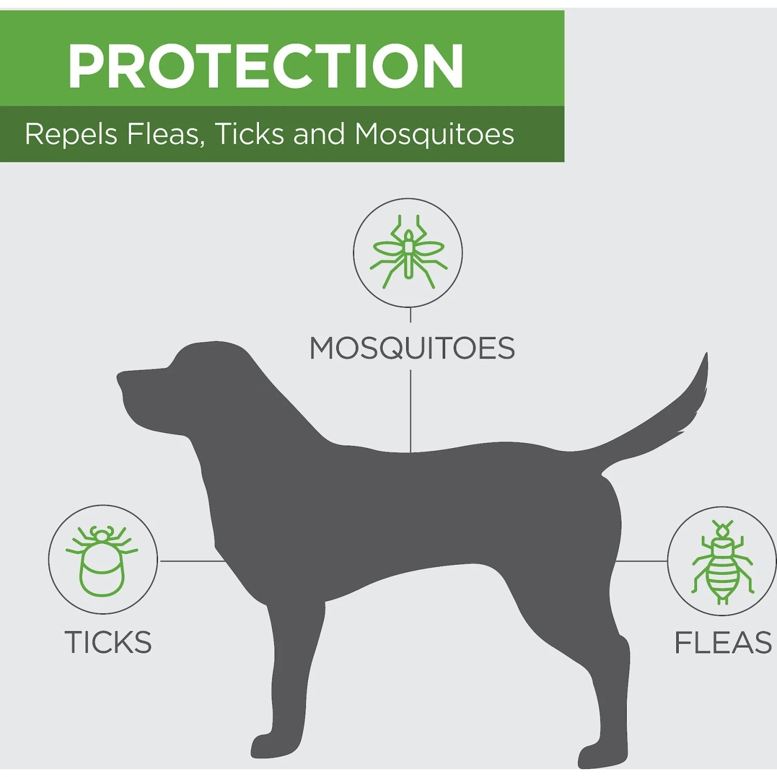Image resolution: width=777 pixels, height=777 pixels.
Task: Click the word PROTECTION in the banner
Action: click(x=266, y=66)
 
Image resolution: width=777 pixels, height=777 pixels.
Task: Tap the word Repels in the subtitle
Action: click(x=71, y=135)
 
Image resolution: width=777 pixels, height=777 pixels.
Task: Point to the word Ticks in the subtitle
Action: click(x=250, y=134)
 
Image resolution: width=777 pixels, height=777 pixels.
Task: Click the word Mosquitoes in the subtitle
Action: click(x=435, y=135)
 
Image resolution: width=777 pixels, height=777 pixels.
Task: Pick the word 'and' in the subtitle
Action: click(x=319, y=134)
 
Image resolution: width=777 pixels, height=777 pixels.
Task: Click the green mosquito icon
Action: click(x=408, y=252)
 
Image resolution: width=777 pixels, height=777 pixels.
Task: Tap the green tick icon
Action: click(x=102, y=560)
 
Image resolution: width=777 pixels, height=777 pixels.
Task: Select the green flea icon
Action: click(x=723, y=562)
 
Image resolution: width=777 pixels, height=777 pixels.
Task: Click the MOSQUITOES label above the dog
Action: click(x=412, y=348)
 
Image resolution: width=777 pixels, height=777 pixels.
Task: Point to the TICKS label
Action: click(x=108, y=642)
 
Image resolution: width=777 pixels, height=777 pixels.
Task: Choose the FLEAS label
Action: click(x=723, y=642)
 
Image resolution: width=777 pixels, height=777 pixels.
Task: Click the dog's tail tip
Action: click(x=706, y=354)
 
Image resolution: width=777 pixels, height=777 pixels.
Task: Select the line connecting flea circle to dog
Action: click(x=641, y=561)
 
